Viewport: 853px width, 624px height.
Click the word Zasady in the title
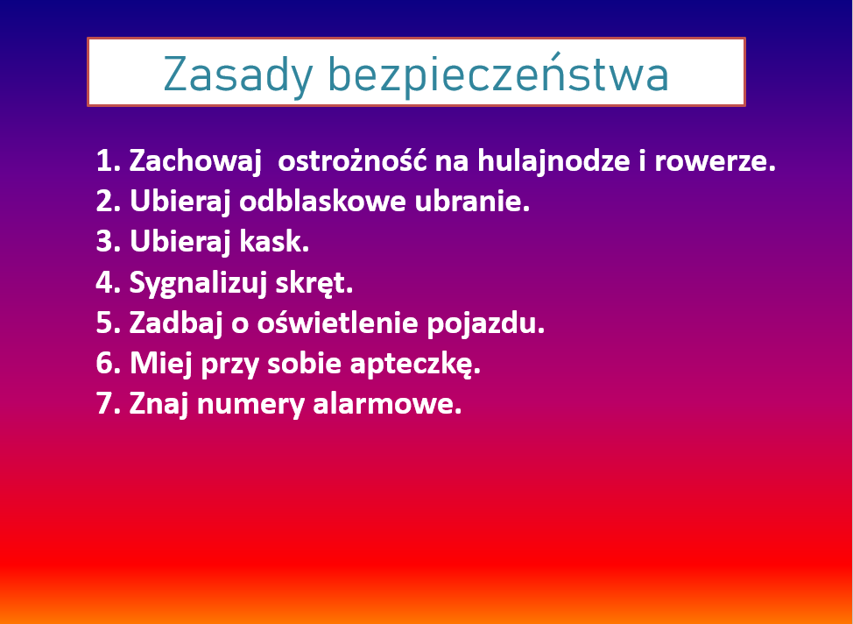pos(237,75)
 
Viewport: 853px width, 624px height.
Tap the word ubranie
pos(472,202)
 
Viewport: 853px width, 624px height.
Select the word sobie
pos(304,365)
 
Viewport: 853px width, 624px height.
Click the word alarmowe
pos(387,405)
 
